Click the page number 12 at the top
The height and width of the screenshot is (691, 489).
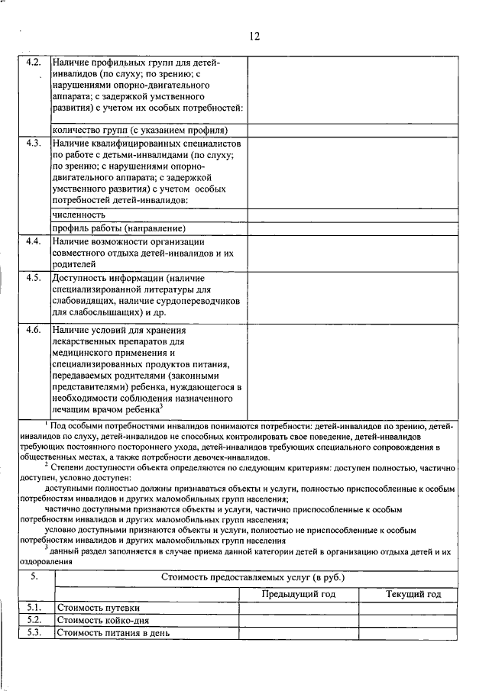point(255,36)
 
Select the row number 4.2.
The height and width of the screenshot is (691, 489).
point(32,62)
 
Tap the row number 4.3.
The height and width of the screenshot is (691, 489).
point(32,144)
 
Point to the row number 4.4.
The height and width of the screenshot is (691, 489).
point(32,241)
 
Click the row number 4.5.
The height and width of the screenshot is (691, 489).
point(32,277)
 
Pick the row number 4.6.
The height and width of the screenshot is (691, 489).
point(32,330)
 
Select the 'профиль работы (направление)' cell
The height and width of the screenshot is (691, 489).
point(119,228)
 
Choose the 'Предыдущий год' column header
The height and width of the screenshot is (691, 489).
point(299,594)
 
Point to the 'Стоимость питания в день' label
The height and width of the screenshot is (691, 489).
point(114,632)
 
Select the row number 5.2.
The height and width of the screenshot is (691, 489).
point(34,620)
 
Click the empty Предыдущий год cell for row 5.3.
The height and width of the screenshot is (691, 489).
point(299,632)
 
